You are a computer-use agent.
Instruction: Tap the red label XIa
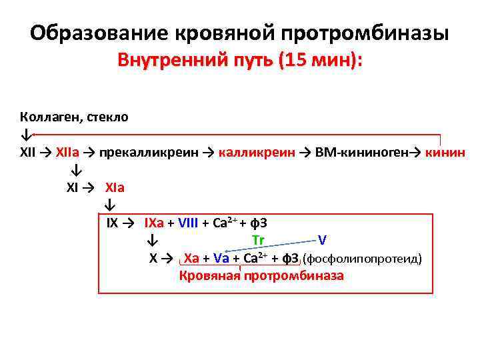[115, 188]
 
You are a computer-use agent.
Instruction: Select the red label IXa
[159, 223]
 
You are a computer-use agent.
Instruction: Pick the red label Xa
[191, 258]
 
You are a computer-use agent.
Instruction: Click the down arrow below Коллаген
[24, 134]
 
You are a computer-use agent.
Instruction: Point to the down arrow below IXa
[153, 240]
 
